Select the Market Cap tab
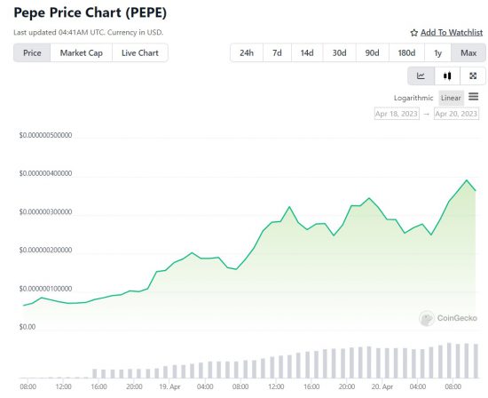[x=80, y=53]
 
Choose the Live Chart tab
[x=140, y=53]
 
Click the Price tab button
[x=31, y=53]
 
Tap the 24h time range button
[x=246, y=53]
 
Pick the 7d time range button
[x=277, y=53]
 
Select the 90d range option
[x=371, y=53]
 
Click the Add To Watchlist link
[x=447, y=33]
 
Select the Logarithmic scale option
[x=414, y=97]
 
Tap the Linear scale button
[x=451, y=97]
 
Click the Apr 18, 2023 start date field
[x=397, y=115]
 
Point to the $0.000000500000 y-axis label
[x=45, y=136]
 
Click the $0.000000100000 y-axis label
[x=45, y=289]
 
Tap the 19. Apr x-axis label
[x=169, y=387]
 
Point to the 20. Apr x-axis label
[x=382, y=387]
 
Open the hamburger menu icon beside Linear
[x=474, y=96]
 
